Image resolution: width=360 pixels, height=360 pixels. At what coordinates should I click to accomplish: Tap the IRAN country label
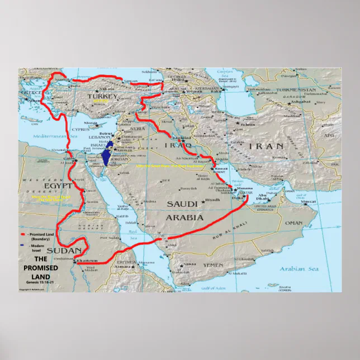tap(266, 146)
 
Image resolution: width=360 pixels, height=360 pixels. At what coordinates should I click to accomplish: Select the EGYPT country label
tap(59, 185)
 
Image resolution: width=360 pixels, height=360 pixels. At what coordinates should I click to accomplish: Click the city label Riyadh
tap(212, 199)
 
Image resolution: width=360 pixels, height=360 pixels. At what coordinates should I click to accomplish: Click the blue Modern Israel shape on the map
tap(107, 155)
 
